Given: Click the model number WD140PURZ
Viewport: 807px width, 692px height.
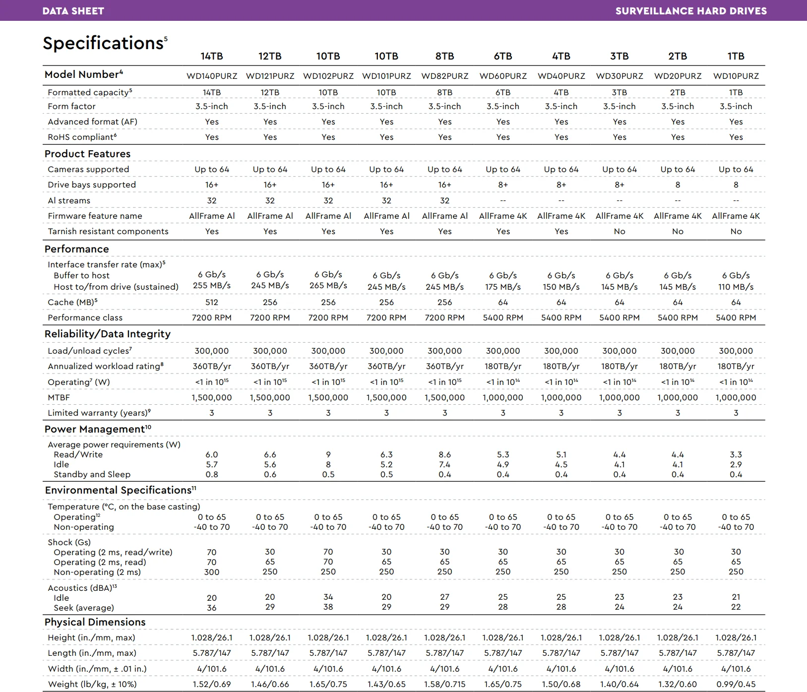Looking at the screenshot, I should point(212,76).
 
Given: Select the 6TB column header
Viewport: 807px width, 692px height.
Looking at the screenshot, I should point(503,56).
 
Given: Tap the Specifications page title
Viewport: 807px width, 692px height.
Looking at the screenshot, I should point(103,43).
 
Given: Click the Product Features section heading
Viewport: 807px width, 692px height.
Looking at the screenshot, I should point(87,154).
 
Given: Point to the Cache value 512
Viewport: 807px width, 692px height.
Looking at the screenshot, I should point(212,302).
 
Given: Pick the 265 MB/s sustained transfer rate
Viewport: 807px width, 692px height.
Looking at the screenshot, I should point(328,285).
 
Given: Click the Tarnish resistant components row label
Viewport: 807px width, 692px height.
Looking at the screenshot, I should point(108,231).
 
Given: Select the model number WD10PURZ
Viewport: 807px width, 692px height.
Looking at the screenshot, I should point(736,76).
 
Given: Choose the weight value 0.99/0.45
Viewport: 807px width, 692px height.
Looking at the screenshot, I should point(736,684).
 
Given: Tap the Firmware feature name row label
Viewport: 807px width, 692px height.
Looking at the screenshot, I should point(95,216).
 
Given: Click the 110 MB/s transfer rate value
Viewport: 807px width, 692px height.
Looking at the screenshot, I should point(736,287).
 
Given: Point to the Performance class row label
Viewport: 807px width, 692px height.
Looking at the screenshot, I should point(85,317).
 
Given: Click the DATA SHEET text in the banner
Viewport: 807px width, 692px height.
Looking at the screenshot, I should point(73,11).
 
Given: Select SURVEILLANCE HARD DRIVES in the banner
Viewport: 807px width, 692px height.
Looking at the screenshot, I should point(691,11).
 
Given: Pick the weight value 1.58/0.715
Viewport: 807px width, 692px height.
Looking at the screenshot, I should point(445,684).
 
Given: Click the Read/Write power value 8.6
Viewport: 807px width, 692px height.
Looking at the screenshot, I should point(445,454).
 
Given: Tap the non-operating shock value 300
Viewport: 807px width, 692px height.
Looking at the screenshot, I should point(212,572).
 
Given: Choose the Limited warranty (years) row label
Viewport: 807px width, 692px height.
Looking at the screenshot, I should point(99,413).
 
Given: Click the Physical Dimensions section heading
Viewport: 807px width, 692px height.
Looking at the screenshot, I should point(95,622).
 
